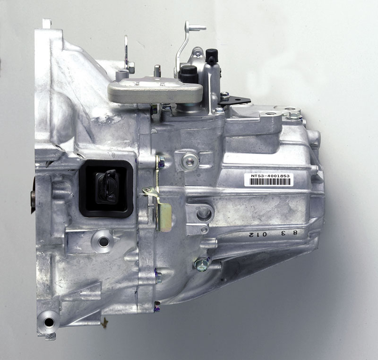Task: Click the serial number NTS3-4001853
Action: point(270,176)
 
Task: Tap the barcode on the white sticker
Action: point(270,182)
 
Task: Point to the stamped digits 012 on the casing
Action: point(255,234)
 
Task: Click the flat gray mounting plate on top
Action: point(155,90)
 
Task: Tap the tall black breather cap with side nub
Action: point(212,56)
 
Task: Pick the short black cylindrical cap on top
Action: point(189,74)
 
